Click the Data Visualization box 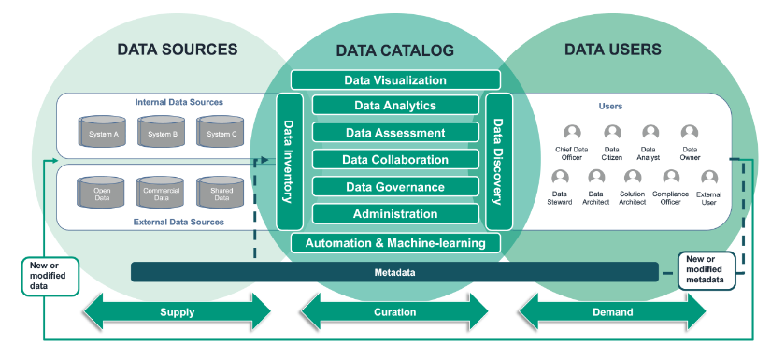(x=395, y=80)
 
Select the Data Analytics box (x=395, y=107)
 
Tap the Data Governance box (x=395, y=187)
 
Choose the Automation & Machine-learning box (x=395, y=244)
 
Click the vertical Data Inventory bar (x=289, y=161)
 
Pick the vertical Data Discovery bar (x=499, y=161)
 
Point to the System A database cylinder (x=103, y=132)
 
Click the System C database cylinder (x=221, y=132)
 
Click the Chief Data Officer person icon (x=572, y=134)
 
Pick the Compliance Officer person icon (x=671, y=178)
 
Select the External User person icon (x=709, y=178)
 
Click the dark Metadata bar (x=395, y=272)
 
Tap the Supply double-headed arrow (x=177, y=311)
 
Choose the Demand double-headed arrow (x=613, y=311)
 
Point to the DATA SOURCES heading (x=177, y=50)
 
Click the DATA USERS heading (x=614, y=50)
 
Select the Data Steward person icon (x=561, y=178)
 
